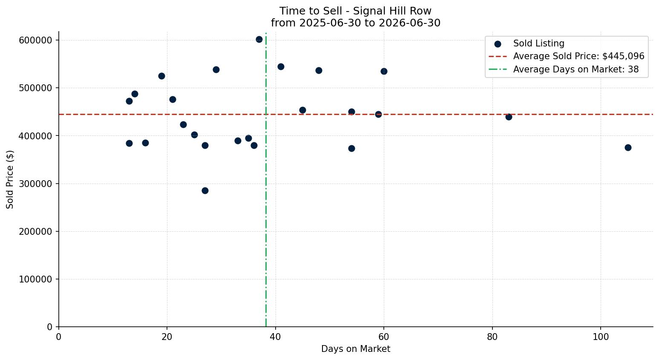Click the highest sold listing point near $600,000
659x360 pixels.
[x=259, y=40]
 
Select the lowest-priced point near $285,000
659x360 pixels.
[x=205, y=190]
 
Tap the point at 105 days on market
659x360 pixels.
[x=628, y=148]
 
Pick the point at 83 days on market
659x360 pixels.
[x=509, y=117]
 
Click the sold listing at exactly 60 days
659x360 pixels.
[x=384, y=72]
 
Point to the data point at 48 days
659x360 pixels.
[x=319, y=71]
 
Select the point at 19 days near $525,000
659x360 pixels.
[x=161, y=76]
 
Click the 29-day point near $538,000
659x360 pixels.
[x=216, y=70]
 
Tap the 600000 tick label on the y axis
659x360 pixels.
[x=36, y=40]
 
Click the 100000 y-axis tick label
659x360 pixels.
[x=36, y=279]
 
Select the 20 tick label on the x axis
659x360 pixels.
[x=167, y=337]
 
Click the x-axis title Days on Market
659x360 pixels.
[x=356, y=349]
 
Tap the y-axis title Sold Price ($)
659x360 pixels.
[x=10, y=180]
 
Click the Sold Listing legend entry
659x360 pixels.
[x=529, y=43]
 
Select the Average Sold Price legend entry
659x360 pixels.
[x=567, y=56]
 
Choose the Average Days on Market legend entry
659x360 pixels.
[x=564, y=69]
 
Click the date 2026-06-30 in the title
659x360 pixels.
[x=409, y=23]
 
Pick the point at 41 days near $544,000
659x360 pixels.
[x=281, y=67]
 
